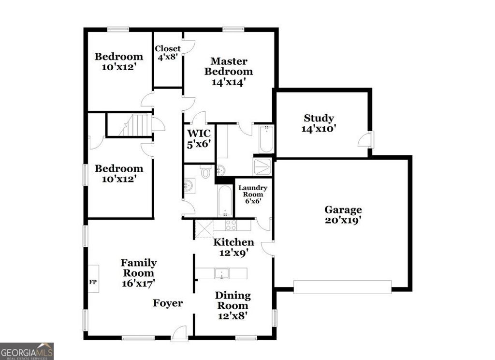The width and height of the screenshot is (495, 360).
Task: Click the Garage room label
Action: (x=343, y=215)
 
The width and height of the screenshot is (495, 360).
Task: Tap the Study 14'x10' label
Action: (x=319, y=123)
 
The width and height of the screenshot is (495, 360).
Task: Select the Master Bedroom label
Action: (x=228, y=72)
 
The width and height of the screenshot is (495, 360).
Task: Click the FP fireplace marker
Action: (x=93, y=280)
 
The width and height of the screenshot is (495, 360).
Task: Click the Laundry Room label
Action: (x=252, y=194)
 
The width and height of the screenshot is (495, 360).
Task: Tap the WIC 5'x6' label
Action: (x=198, y=138)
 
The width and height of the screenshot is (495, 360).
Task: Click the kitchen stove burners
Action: (x=231, y=225)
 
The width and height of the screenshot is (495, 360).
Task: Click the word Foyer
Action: (x=168, y=303)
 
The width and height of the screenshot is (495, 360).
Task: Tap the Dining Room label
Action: (x=233, y=305)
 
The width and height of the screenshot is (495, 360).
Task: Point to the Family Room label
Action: (x=138, y=273)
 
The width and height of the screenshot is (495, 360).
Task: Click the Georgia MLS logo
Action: (x=27, y=351)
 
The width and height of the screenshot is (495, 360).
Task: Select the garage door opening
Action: (x=342, y=287)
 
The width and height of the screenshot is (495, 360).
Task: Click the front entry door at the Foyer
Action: (x=179, y=334)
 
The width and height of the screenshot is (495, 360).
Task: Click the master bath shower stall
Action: (x=262, y=166)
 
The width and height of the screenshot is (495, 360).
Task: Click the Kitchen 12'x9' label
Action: (x=233, y=247)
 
